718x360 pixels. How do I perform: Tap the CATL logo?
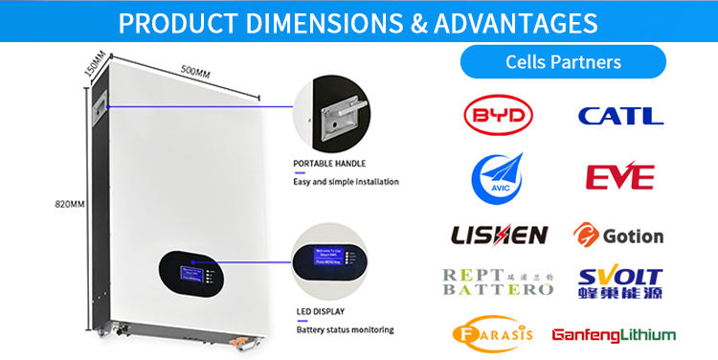tap(620, 116)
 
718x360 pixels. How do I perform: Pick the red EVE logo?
tap(619, 177)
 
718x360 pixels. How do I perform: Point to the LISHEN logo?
tap(499, 235)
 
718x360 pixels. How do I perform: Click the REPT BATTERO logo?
tap(498, 281)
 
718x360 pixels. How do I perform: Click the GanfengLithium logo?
tap(614, 335)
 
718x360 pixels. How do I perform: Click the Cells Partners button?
tap(563, 62)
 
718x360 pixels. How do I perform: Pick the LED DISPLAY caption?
tap(319, 312)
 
